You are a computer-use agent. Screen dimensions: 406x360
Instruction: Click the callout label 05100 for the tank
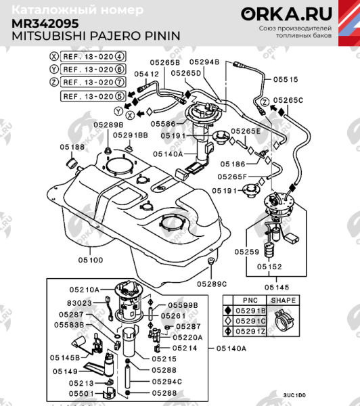tap(90, 260)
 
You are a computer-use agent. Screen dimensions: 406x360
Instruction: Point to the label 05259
tap(247, 252)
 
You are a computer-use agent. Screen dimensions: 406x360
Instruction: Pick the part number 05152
tap(268, 267)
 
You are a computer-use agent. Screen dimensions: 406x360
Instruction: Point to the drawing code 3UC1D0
tap(294, 394)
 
